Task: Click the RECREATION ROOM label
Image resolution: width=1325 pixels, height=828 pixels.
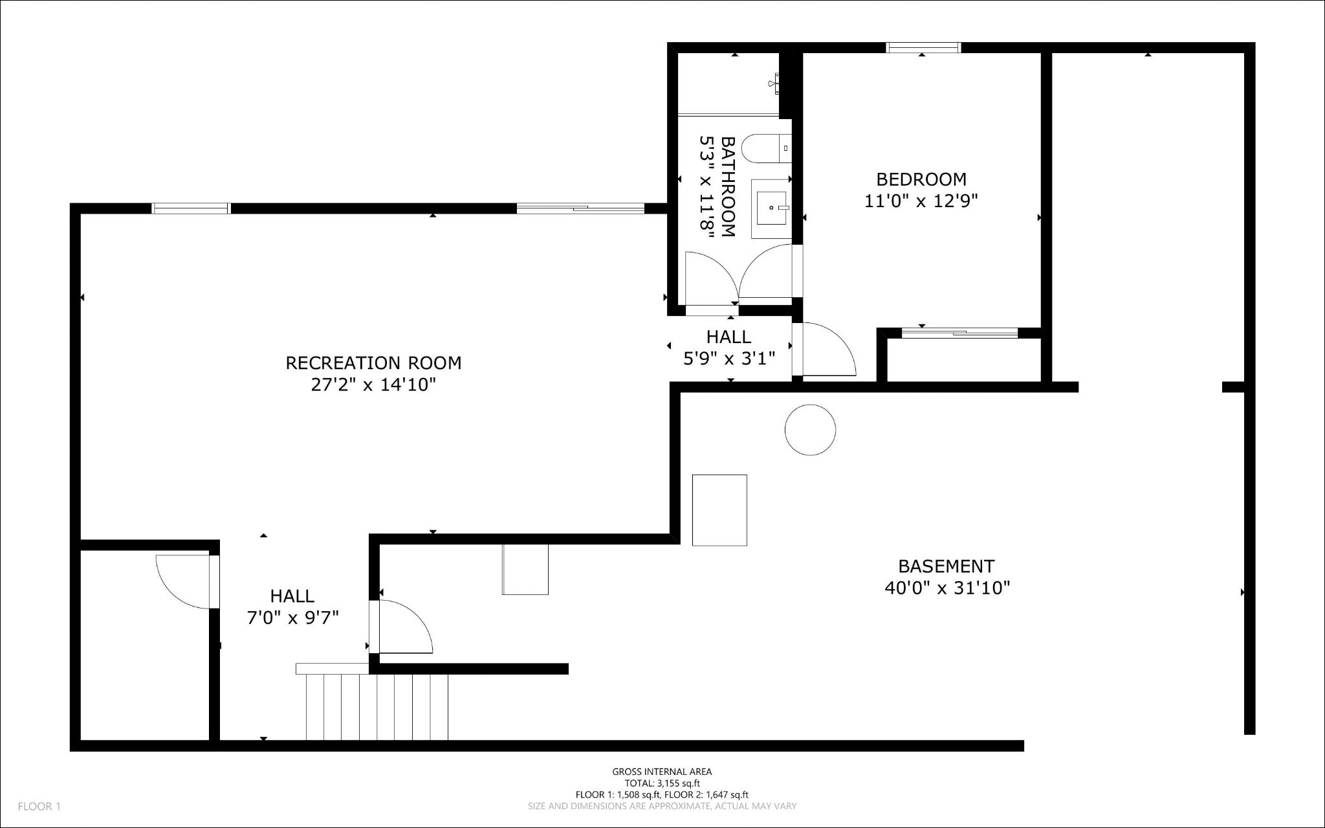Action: coord(373,363)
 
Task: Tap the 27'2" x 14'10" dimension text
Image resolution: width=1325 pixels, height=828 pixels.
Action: coord(373,385)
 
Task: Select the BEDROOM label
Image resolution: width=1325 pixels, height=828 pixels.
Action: coord(921,179)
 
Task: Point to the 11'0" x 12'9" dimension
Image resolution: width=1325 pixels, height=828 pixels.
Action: coord(921,201)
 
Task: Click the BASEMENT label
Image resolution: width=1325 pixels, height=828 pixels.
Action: coord(946,566)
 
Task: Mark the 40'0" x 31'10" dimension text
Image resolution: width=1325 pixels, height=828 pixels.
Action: coord(947,588)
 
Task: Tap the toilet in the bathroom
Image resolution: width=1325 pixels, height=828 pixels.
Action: coord(767,149)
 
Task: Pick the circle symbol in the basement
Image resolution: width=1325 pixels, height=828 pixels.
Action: coord(810,429)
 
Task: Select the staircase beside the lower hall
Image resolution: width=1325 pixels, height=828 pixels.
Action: coord(373,702)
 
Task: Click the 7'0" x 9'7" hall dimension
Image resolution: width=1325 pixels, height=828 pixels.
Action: coord(293,618)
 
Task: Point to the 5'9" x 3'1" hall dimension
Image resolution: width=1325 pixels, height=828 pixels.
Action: coord(729,358)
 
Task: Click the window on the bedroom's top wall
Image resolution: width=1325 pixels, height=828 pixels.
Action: coord(923,47)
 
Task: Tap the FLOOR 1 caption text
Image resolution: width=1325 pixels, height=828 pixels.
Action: coord(39,807)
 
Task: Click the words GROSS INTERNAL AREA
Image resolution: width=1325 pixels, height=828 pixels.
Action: coord(662,772)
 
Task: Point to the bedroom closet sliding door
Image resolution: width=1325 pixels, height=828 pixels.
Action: coord(959,333)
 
